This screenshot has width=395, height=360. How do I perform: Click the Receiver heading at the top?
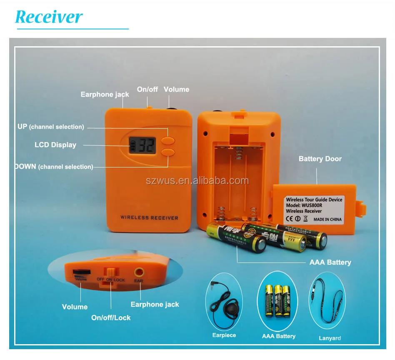point(49,17)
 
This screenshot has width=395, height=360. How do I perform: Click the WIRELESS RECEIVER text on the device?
point(149,217)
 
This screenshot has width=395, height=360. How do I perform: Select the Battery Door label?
point(320,159)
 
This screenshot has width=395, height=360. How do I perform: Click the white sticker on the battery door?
point(314,209)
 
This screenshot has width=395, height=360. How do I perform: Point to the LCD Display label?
point(55,145)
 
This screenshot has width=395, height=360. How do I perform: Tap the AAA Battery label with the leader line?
point(330,262)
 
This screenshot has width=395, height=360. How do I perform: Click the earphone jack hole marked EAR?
point(138,272)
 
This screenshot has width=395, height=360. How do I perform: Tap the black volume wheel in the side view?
point(81,272)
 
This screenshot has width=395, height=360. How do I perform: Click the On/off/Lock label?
point(111,317)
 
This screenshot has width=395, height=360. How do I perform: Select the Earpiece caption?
point(224,335)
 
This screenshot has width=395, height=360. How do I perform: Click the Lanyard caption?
point(330,338)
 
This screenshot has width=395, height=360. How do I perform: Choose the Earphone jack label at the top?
point(105,95)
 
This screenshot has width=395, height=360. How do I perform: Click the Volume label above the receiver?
point(176,89)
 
